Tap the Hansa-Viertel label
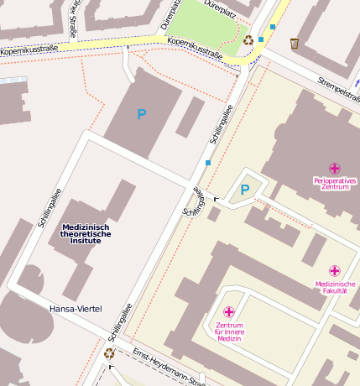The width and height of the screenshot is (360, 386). click(76, 309)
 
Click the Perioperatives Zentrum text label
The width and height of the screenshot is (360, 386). click(335, 183)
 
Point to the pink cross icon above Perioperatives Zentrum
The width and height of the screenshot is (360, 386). click(335, 168)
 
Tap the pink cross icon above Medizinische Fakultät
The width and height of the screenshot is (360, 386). click(335, 270)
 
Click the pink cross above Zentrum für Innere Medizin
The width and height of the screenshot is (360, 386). click(229, 311)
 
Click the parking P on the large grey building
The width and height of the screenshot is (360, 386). click(141, 114)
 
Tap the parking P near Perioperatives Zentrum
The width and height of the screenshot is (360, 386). click(245, 190)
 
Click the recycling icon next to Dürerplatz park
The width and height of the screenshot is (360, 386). click(248, 39)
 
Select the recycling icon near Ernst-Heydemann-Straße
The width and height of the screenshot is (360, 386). click(109, 353)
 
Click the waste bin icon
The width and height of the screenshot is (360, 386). click(295, 43)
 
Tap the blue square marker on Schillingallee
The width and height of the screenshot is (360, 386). click(208, 163)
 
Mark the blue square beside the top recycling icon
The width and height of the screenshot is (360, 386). click(261, 39)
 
